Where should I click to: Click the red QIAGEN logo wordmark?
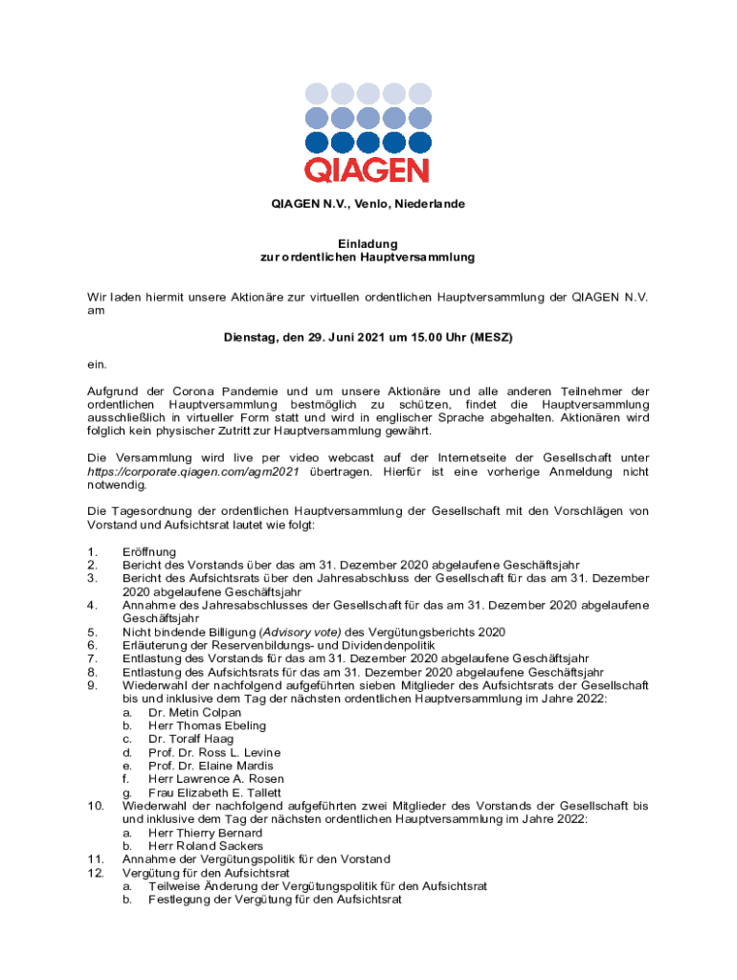point(368,170)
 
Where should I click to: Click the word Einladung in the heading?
point(368,244)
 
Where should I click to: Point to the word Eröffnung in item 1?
point(148,551)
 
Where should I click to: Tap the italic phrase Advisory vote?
point(303,632)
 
